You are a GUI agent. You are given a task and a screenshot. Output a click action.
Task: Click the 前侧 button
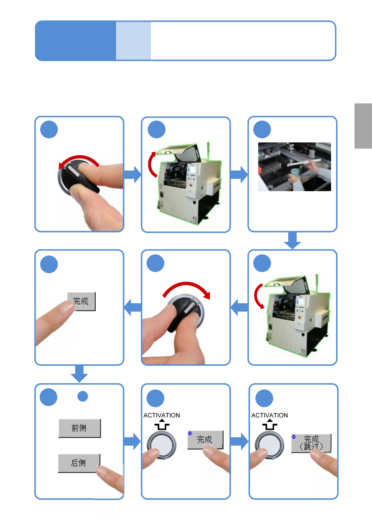[80, 428]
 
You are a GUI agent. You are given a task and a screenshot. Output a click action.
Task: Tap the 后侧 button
[79, 463]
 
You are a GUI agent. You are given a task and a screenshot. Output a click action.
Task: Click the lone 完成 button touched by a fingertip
[82, 301]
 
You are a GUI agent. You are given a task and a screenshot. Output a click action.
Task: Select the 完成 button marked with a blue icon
[205, 440]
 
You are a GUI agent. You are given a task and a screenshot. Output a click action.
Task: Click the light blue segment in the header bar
[133, 41]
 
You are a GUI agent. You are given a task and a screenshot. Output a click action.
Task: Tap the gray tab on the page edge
[363, 126]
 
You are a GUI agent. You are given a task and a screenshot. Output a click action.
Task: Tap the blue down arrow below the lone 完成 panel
[79, 374]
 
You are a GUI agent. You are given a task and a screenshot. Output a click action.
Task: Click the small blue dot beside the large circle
[83, 396]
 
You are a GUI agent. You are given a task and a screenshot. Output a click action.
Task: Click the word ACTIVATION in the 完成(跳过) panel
[269, 415]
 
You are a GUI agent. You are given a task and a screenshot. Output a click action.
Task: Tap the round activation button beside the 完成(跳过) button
[269, 445]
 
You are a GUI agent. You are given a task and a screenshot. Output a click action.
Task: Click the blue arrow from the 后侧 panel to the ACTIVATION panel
[132, 441]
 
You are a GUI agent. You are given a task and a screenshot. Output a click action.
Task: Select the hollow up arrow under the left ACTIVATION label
[162, 424]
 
